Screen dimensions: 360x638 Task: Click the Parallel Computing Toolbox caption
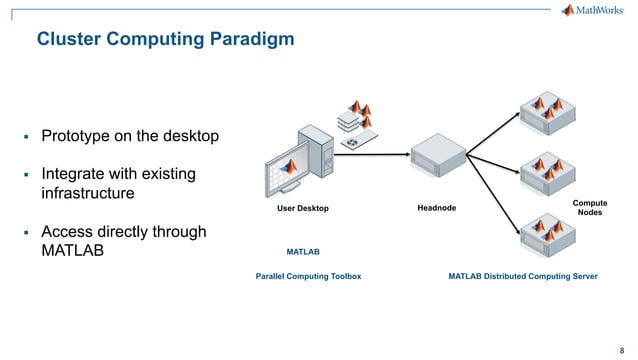coord(308,273)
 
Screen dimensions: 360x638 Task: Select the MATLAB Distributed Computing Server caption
coord(522,273)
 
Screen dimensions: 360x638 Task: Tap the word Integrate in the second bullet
coord(79,174)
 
